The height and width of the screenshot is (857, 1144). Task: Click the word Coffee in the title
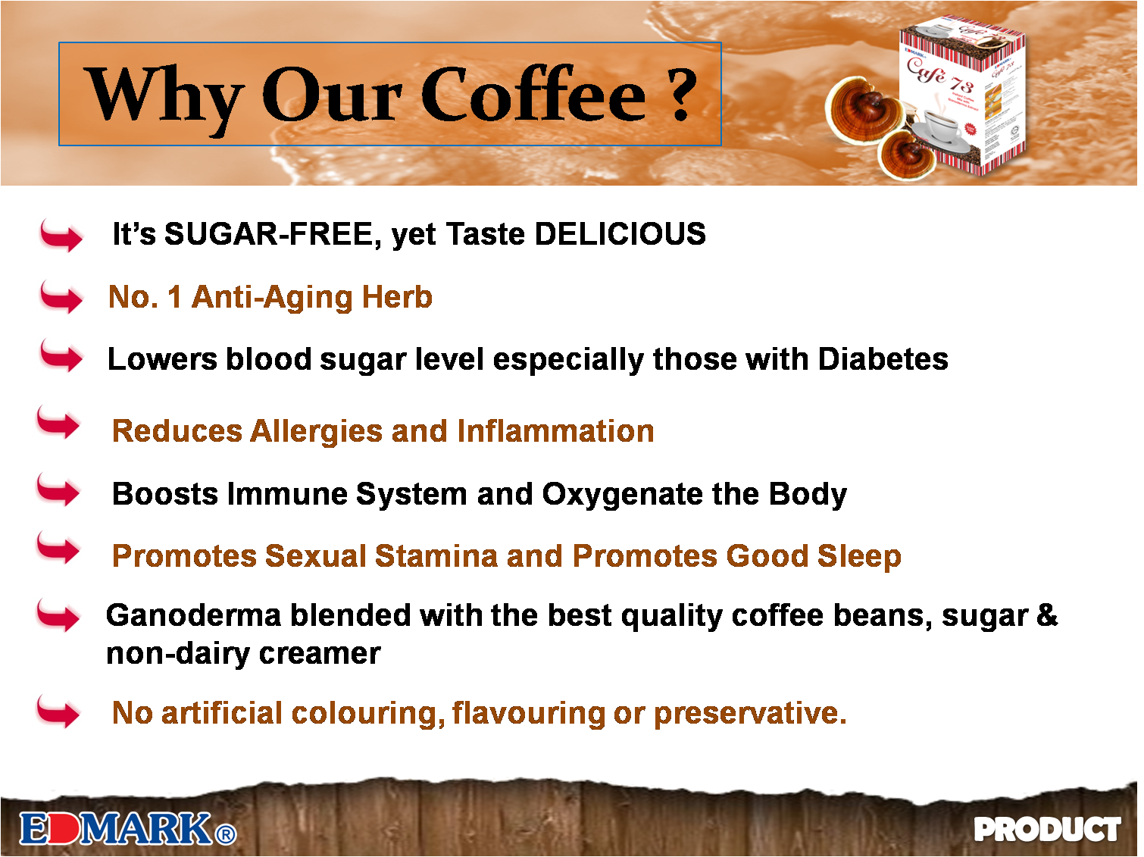coord(533,95)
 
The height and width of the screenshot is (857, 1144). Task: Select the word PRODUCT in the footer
coord(1047,830)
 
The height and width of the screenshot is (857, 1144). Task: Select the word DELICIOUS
coord(620,234)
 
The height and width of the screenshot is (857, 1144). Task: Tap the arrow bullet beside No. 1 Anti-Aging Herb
coord(56,297)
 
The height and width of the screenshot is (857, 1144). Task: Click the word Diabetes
coord(883,359)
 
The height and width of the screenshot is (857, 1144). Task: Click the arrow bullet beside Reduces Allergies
coord(53,423)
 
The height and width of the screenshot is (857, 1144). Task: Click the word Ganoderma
coord(193,615)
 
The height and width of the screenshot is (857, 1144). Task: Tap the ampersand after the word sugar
coord(1047,615)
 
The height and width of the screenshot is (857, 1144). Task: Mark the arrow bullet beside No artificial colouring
coord(53,712)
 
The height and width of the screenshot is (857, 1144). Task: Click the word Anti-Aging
coord(271,297)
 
